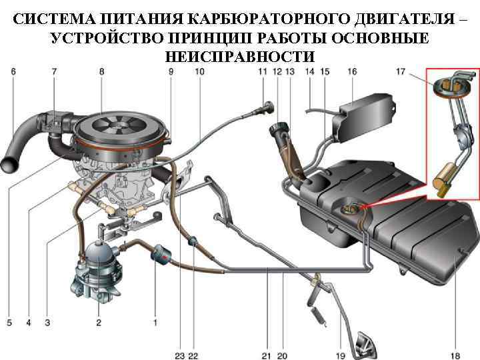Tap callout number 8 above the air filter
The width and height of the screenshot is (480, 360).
pos(101,71)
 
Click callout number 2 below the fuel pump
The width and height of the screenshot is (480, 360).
pos(98,323)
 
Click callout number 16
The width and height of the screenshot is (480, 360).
pos(352,71)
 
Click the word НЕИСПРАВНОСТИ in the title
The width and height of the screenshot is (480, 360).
pos(240,56)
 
